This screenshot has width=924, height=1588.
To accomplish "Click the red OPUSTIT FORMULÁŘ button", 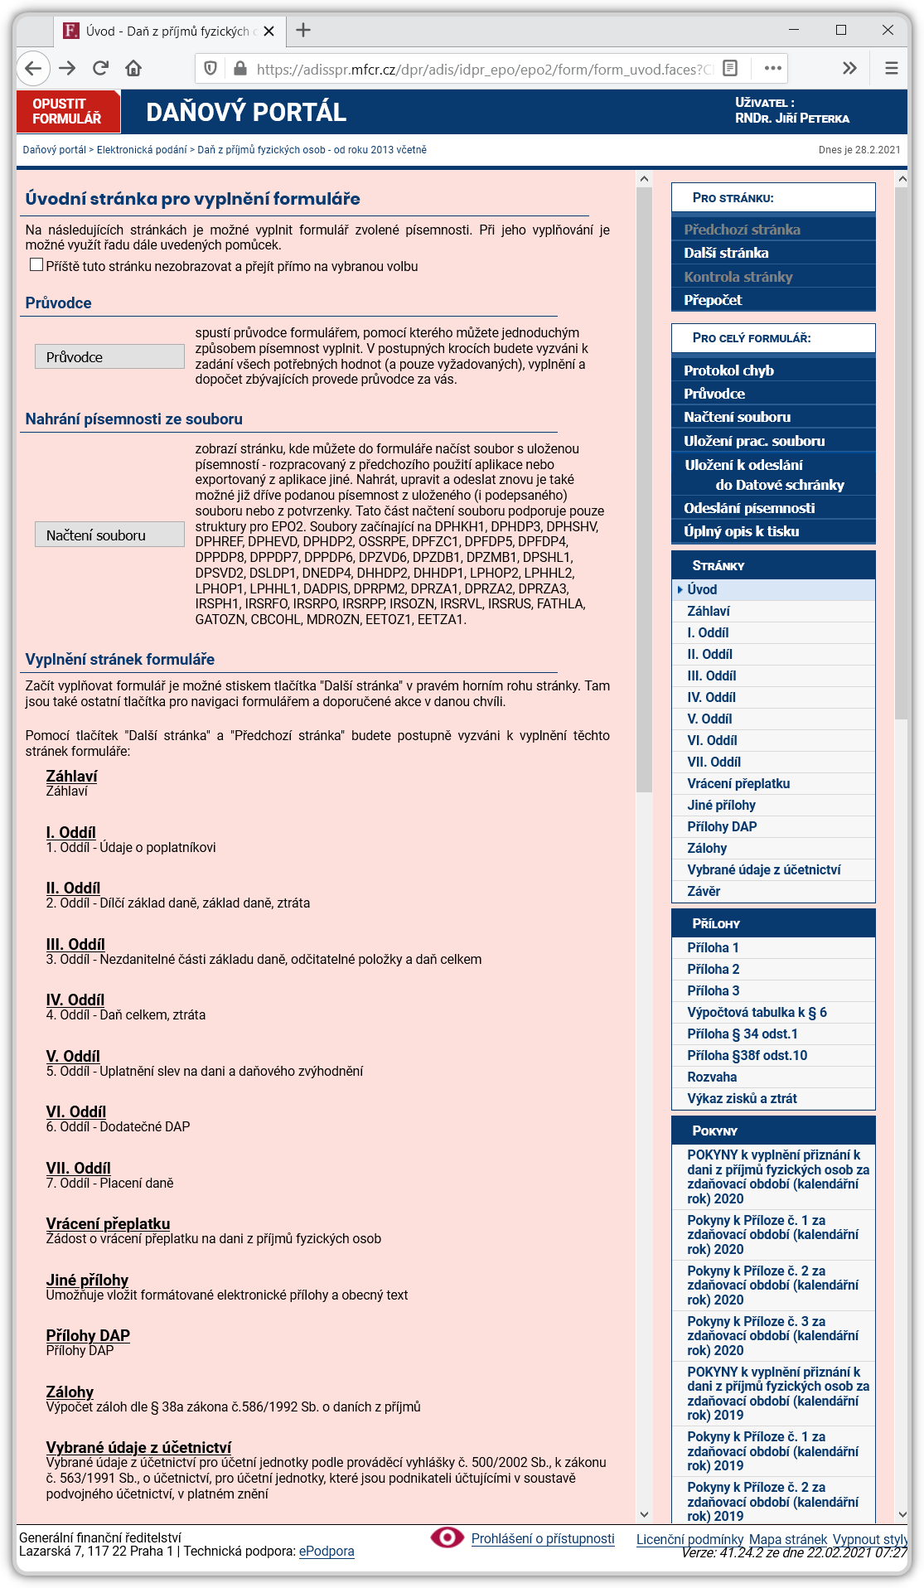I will [68, 112].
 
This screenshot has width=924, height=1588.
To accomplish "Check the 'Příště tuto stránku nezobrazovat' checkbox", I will [36, 265].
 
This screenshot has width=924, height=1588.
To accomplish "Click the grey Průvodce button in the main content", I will [109, 357].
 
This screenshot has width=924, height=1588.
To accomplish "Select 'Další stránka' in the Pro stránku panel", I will [726, 253].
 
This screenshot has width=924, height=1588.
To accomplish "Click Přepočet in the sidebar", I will [713, 300].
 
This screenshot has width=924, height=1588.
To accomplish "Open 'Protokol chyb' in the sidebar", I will [728, 370].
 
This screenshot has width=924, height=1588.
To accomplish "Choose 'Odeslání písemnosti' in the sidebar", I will [749, 508].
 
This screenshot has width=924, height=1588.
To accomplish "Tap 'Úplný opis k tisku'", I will [741, 531].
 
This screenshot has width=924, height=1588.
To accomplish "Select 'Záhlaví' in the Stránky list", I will [708, 611].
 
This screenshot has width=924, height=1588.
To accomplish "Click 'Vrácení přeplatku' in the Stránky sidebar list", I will [738, 783].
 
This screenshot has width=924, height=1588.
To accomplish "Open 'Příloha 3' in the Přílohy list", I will [713, 990].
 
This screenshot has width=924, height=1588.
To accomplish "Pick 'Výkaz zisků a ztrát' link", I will [742, 1098].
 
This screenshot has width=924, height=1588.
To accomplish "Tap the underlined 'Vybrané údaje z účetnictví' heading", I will [138, 1448].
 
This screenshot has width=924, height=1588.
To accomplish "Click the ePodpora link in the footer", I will [327, 1552].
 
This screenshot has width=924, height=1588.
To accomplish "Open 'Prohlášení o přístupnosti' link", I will [543, 1539].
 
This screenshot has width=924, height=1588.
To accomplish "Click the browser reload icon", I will [100, 68].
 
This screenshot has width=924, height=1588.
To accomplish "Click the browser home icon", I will [133, 68].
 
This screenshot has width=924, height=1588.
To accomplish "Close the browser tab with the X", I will [268, 31].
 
